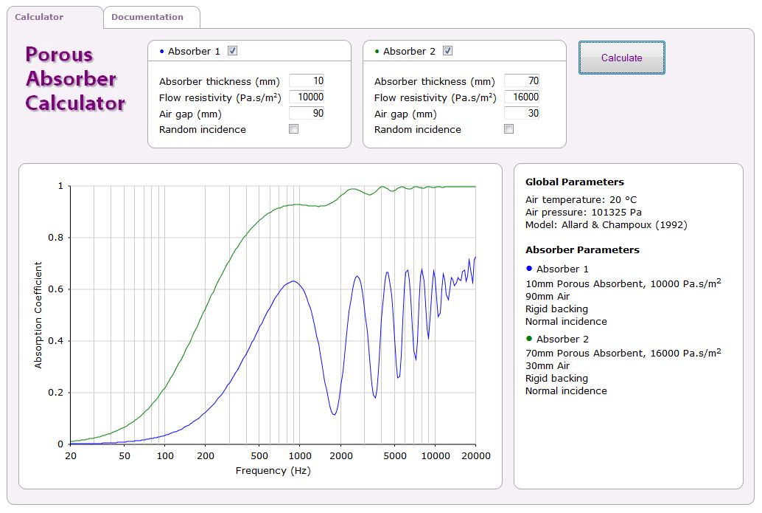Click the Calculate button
coord(621,58)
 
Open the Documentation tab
coord(147,17)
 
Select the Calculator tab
coord(40,17)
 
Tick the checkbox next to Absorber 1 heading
coord(233,51)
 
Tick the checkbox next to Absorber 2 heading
coord(448,51)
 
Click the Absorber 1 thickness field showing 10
coord(307,81)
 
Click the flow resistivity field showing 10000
coord(307,97)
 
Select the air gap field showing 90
coord(307,114)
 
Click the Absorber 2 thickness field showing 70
coord(522,81)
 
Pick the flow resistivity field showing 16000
coord(522,97)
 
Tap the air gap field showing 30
coord(522,114)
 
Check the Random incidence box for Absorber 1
coord(294,129)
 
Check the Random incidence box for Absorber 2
coord(509,129)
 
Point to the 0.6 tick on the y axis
coord(56,289)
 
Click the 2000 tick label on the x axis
coord(341,456)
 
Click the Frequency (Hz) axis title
coord(273,471)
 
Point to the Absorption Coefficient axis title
coord(38,315)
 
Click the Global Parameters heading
coord(574,182)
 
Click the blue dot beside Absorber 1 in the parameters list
coord(529,269)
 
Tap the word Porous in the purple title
coord(59,55)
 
